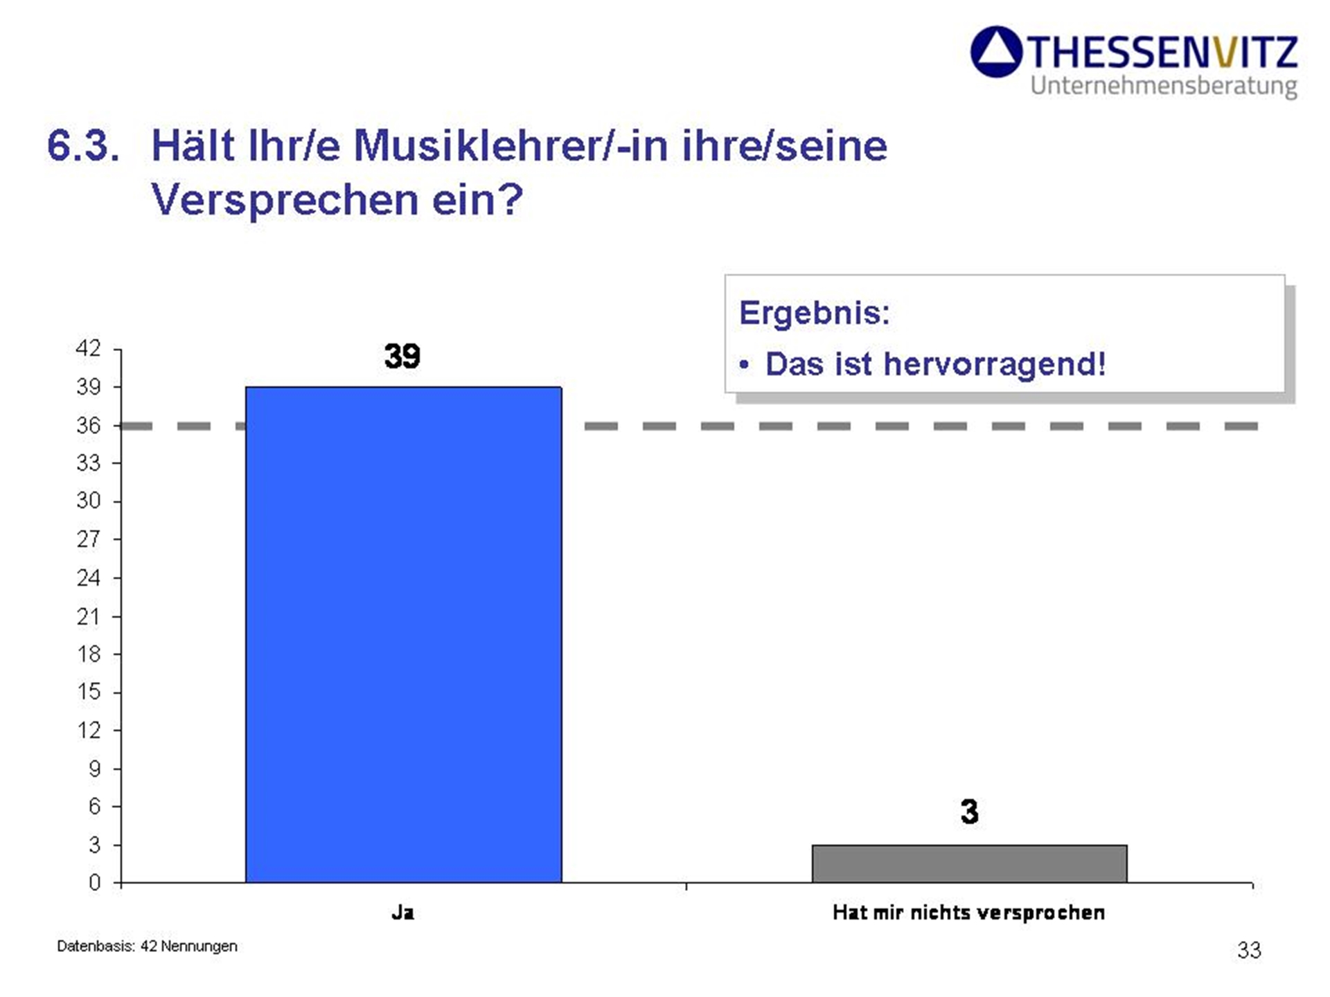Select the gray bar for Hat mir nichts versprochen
click(969, 863)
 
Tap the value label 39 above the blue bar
click(402, 356)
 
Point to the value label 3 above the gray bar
click(969, 811)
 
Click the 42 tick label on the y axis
click(88, 348)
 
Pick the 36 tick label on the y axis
click(88, 425)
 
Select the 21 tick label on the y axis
click(88, 616)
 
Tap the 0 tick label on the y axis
click(94, 883)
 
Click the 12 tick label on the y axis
click(88, 730)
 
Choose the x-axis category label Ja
click(402, 913)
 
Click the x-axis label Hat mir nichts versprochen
click(968, 913)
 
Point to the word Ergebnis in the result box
click(813, 313)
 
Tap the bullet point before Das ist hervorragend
click(744, 365)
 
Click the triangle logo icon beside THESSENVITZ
click(996, 52)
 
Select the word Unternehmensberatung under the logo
click(1163, 87)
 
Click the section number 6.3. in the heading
click(83, 146)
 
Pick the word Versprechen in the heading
click(284, 200)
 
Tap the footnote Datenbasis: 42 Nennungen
click(147, 946)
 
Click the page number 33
click(1249, 950)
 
